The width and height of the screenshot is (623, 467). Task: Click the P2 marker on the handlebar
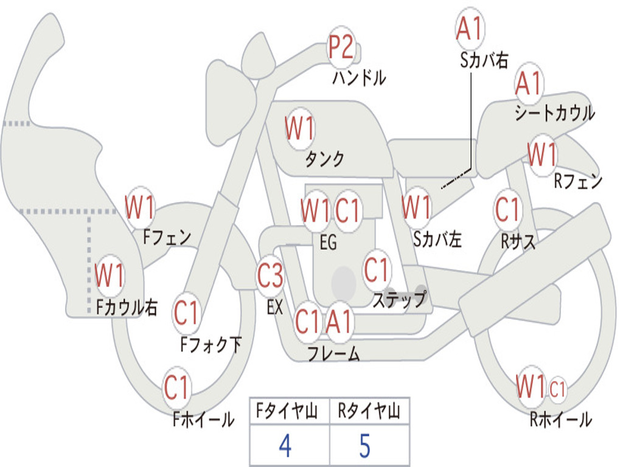point(341,47)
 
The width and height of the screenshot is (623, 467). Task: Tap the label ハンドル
point(359,77)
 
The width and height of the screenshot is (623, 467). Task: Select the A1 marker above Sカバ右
point(470,28)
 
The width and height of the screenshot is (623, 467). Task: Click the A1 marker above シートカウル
point(529,83)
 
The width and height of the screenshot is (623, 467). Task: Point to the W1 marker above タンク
point(300,128)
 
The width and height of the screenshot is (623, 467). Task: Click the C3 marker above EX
point(271,275)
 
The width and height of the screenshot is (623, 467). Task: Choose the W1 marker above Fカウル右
point(110,275)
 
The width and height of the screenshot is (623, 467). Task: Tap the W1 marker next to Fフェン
point(139,207)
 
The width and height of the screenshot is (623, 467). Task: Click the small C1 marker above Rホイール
point(557,389)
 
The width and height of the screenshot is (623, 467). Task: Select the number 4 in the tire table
point(285,446)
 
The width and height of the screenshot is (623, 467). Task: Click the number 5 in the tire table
point(365,446)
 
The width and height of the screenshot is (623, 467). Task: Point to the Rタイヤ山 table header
point(369,410)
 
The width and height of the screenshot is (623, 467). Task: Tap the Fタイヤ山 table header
point(287,410)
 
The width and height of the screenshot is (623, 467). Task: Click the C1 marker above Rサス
point(508,209)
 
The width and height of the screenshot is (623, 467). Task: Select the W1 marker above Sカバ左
point(416,207)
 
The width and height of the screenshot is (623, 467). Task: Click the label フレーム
point(334,353)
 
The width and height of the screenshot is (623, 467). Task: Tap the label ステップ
point(400,299)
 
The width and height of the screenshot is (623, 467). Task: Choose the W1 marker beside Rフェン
point(542,154)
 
